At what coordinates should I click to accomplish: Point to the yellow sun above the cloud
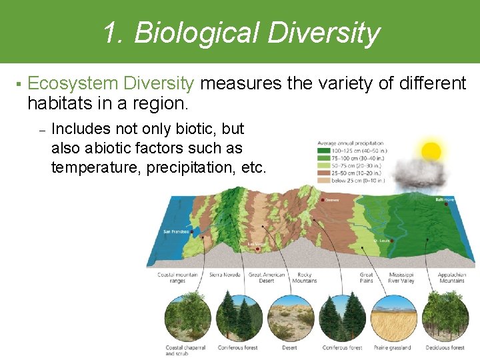point(431,151)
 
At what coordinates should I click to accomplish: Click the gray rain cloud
point(420,175)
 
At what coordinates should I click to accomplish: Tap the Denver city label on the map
point(333,199)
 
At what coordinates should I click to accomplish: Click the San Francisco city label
point(176,232)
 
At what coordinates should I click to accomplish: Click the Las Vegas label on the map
point(256,244)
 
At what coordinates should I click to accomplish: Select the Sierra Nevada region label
point(225,275)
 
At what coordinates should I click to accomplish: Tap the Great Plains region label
point(367,277)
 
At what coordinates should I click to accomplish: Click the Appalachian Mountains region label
point(451,277)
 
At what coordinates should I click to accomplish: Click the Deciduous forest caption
point(445,347)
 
